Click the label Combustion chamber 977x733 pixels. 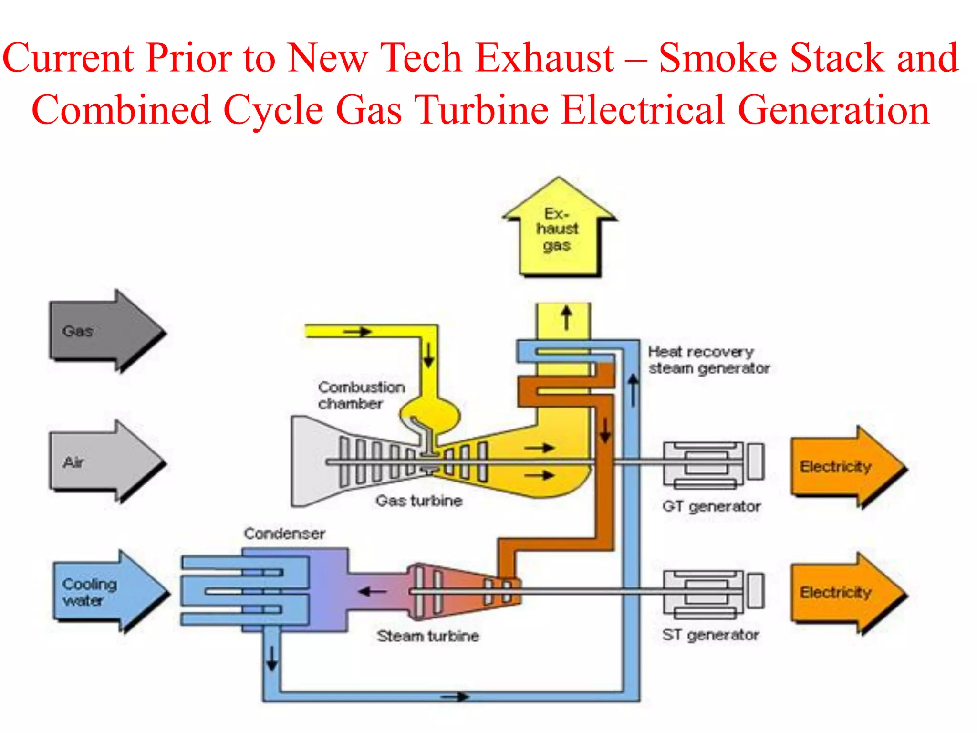coord(361,395)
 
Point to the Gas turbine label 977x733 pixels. coord(419,501)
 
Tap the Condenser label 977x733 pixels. coord(284,533)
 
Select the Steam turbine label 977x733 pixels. coord(427,636)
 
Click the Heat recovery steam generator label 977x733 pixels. coord(708,360)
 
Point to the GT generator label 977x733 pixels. coord(711,506)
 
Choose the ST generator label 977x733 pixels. coord(710,635)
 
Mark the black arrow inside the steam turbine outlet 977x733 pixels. coord(372,592)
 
